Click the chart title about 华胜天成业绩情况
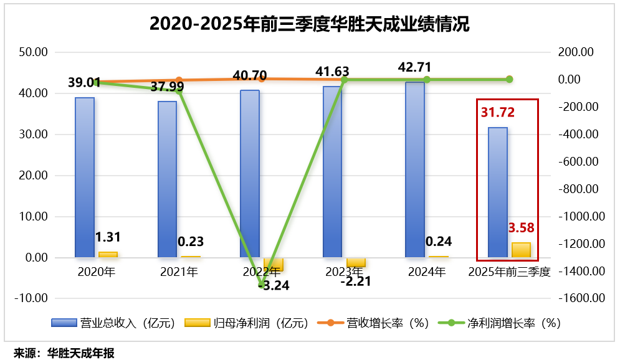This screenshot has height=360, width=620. point(310,24)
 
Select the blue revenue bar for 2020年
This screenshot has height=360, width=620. point(85,178)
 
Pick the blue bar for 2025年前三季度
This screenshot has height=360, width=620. point(497,192)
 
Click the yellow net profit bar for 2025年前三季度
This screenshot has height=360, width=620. point(521,250)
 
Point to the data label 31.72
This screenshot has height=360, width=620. point(498,113)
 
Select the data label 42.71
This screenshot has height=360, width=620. point(414,67)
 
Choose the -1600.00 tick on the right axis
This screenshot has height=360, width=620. point(582,298)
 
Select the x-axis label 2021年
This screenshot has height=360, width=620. point(179,272)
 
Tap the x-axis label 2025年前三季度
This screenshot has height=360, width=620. point(509,272)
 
